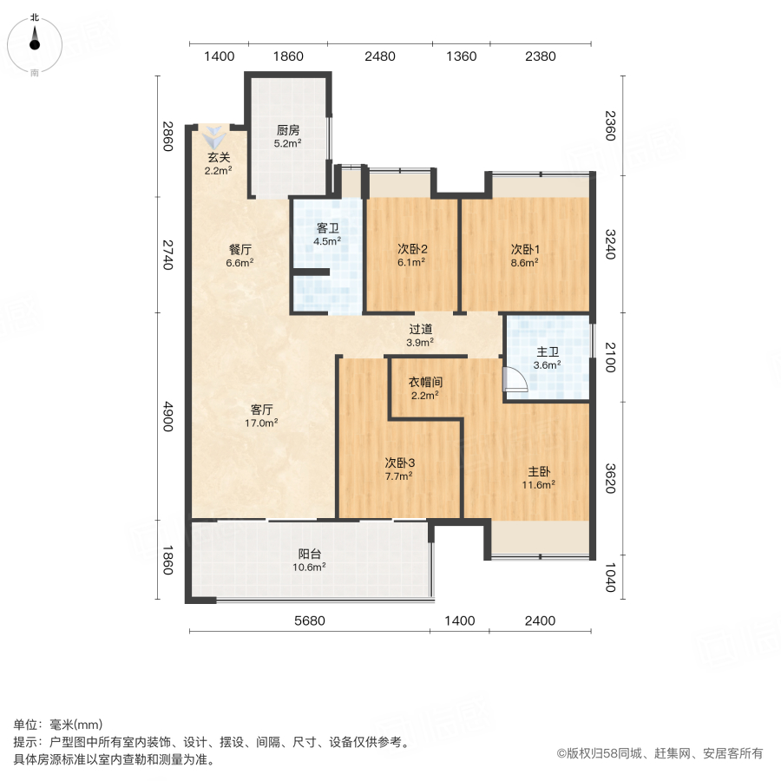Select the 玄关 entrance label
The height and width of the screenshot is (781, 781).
[218, 164]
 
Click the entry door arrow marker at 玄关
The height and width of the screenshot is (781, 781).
[214, 136]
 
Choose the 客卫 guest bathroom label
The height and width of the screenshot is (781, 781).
[326, 235]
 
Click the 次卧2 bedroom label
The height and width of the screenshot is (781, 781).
[411, 254]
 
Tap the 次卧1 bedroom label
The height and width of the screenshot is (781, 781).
[525, 254]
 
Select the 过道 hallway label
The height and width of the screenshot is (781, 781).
[421, 335]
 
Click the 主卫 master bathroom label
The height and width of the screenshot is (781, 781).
[547, 358]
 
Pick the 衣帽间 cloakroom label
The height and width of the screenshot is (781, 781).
[425, 388]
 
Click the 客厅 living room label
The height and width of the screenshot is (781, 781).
[263, 416]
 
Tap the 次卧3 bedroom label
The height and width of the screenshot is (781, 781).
[398, 469]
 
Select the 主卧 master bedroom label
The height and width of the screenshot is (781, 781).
[540, 479]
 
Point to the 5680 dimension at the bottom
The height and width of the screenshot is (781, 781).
[309, 620]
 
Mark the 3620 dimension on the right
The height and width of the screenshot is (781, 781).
[611, 477]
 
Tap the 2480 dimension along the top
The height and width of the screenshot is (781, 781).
[379, 56]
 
